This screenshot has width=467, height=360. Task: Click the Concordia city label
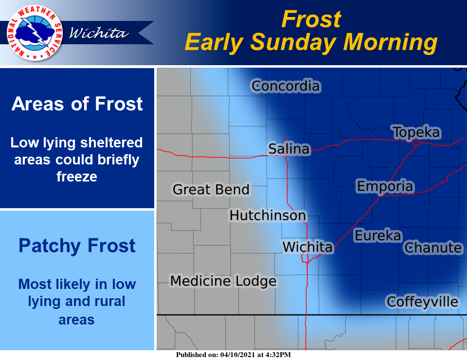[286, 86]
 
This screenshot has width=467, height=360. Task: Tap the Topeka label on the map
[416, 132]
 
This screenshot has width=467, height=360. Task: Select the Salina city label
[289, 149]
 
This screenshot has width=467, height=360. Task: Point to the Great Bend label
[211, 189]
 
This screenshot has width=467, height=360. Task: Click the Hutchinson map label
[268, 216]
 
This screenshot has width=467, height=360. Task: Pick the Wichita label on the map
[307, 247]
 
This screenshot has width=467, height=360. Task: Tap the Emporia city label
[385, 186]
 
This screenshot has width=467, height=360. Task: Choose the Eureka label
[378, 235]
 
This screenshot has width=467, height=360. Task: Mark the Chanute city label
[433, 248]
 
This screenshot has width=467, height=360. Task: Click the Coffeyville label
[422, 302]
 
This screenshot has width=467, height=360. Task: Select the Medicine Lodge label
[223, 281]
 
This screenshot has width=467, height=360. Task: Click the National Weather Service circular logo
[35, 33]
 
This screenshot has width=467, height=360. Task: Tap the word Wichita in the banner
[99, 33]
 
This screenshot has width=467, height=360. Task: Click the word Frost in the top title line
[311, 19]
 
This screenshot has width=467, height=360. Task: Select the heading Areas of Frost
[77, 104]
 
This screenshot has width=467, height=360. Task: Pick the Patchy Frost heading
[77, 246]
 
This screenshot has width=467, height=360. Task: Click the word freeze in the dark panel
[77, 177]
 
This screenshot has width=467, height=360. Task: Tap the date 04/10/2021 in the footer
[237, 355]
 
